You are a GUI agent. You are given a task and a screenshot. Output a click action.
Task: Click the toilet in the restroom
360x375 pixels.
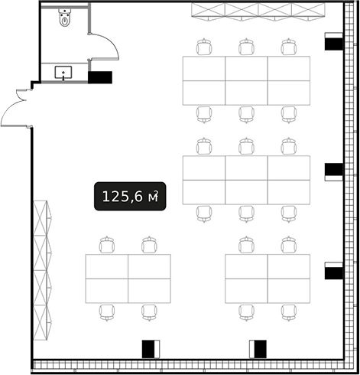coord(65,17)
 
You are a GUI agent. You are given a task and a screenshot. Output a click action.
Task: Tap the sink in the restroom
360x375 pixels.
coord(63,73)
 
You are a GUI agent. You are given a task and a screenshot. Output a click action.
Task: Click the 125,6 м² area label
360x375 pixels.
coord(130,197)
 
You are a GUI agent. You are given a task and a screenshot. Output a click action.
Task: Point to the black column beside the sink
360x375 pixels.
coord(100,77)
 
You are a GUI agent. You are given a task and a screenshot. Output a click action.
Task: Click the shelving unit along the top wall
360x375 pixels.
coord(258,11)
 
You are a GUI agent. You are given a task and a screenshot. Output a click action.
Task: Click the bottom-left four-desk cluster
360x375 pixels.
coord(128,279)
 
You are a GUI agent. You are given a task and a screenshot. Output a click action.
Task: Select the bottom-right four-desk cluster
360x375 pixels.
coord(268,279)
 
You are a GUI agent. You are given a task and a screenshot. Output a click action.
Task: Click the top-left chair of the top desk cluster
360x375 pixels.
coord(204,47)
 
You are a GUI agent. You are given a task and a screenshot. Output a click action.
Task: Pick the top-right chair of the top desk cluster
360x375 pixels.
coord(289,47)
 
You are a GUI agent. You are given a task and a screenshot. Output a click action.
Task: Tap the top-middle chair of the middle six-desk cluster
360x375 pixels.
coord(246,146)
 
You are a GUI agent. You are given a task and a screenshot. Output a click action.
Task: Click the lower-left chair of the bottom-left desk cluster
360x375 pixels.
coord(107,312)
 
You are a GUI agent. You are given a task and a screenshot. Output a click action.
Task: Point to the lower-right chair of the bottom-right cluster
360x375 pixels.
coord(289,312)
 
